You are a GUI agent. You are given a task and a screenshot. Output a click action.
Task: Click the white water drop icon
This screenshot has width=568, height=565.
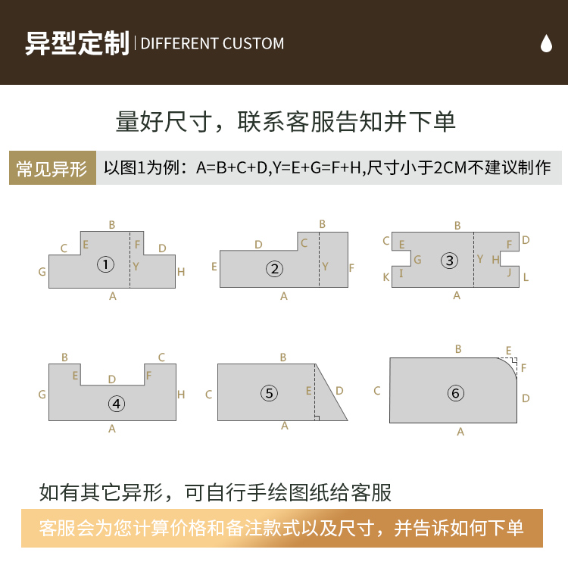click(x=546, y=43)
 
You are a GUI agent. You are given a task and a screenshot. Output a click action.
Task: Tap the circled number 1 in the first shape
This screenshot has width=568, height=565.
click(x=105, y=264)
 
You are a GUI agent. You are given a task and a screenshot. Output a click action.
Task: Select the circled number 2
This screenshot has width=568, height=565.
click(x=275, y=269)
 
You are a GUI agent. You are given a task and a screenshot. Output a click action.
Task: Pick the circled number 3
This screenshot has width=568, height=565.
click(x=450, y=261)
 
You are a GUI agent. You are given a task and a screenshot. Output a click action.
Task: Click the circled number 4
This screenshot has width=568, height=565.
click(x=117, y=404)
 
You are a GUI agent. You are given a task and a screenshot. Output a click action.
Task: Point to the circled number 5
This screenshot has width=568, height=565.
click(x=269, y=393)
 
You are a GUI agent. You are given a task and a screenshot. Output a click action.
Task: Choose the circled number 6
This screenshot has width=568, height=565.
click(x=456, y=393)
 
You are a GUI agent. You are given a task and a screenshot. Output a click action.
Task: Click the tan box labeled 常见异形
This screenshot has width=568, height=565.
click(x=52, y=168)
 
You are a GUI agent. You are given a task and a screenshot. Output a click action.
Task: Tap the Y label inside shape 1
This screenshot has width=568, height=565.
click(x=136, y=267)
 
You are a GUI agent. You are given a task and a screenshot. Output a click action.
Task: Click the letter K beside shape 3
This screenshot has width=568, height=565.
click(x=386, y=277)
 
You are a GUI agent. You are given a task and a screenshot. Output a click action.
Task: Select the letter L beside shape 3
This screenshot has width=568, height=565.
click(x=526, y=277)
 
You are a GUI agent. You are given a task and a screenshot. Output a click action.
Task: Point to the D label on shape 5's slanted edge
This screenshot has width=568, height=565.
click(x=339, y=391)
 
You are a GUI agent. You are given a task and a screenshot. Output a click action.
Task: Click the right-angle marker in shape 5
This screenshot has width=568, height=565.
click(x=317, y=418)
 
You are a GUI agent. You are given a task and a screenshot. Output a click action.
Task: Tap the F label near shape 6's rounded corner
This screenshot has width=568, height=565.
click(x=523, y=368)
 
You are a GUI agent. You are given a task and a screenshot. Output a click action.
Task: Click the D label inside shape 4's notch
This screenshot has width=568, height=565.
click(x=112, y=379)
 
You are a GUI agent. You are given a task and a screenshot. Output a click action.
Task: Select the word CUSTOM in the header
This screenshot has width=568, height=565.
click(x=253, y=43)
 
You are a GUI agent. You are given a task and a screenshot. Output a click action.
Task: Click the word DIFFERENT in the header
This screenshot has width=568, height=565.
click(x=179, y=43)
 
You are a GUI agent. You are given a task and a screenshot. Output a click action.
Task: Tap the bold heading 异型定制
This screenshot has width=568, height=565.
click(x=77, y=43)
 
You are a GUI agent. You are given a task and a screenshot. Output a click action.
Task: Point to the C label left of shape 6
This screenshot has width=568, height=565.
click(x=377, y=391)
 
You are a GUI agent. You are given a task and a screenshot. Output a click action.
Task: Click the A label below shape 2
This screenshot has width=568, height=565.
click(x=284, y=296)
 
